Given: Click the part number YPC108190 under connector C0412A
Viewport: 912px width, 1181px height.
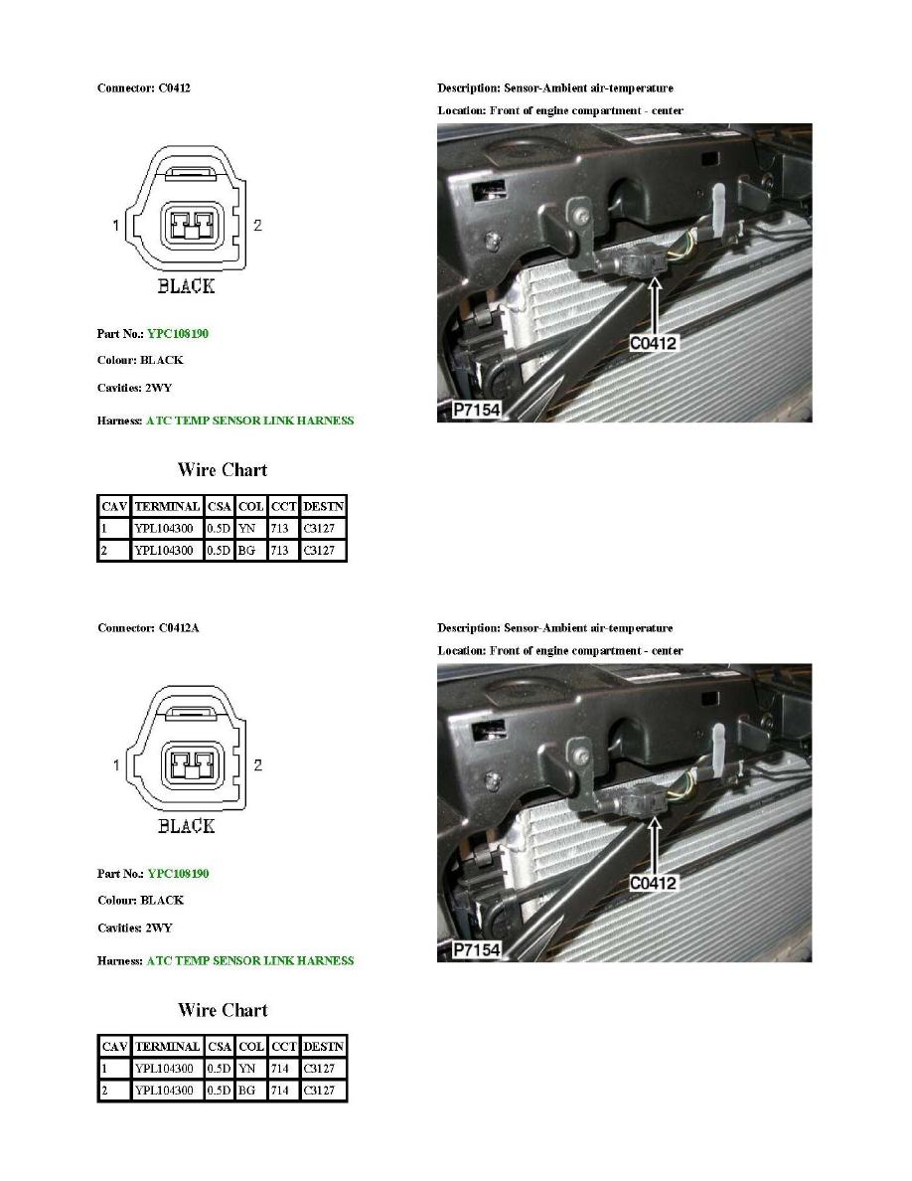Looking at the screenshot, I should point(178,874).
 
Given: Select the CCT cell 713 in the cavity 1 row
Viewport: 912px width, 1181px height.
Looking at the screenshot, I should point(282,529).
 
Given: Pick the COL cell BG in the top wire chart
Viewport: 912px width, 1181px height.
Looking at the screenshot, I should point(250,549).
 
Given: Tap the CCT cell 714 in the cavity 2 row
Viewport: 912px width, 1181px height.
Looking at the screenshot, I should point(282,1090).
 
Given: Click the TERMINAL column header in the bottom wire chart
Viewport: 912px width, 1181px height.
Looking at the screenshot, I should point(167,1047).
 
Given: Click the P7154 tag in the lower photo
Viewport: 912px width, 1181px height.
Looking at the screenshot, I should point(476,950).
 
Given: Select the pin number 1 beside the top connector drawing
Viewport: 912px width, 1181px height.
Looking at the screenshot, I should point(116,226).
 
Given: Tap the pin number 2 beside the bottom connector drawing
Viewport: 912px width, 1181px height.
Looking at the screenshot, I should point(258,765).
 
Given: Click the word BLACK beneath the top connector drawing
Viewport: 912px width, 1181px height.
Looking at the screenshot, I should point(186,286).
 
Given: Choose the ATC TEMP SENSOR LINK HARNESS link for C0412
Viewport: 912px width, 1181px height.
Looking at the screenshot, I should point(249,421).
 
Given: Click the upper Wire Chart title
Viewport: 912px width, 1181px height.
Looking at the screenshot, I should point(222,470).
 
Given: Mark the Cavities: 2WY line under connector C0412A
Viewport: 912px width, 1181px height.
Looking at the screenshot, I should point(134,928).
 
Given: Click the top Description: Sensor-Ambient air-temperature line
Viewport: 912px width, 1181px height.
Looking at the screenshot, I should point(554,88).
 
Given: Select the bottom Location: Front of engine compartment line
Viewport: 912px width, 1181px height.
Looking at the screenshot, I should point(559,650).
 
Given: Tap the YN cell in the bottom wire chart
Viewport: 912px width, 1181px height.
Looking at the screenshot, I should point(249,1070).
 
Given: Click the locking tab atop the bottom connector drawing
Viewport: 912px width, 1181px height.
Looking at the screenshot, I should point(186,713).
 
